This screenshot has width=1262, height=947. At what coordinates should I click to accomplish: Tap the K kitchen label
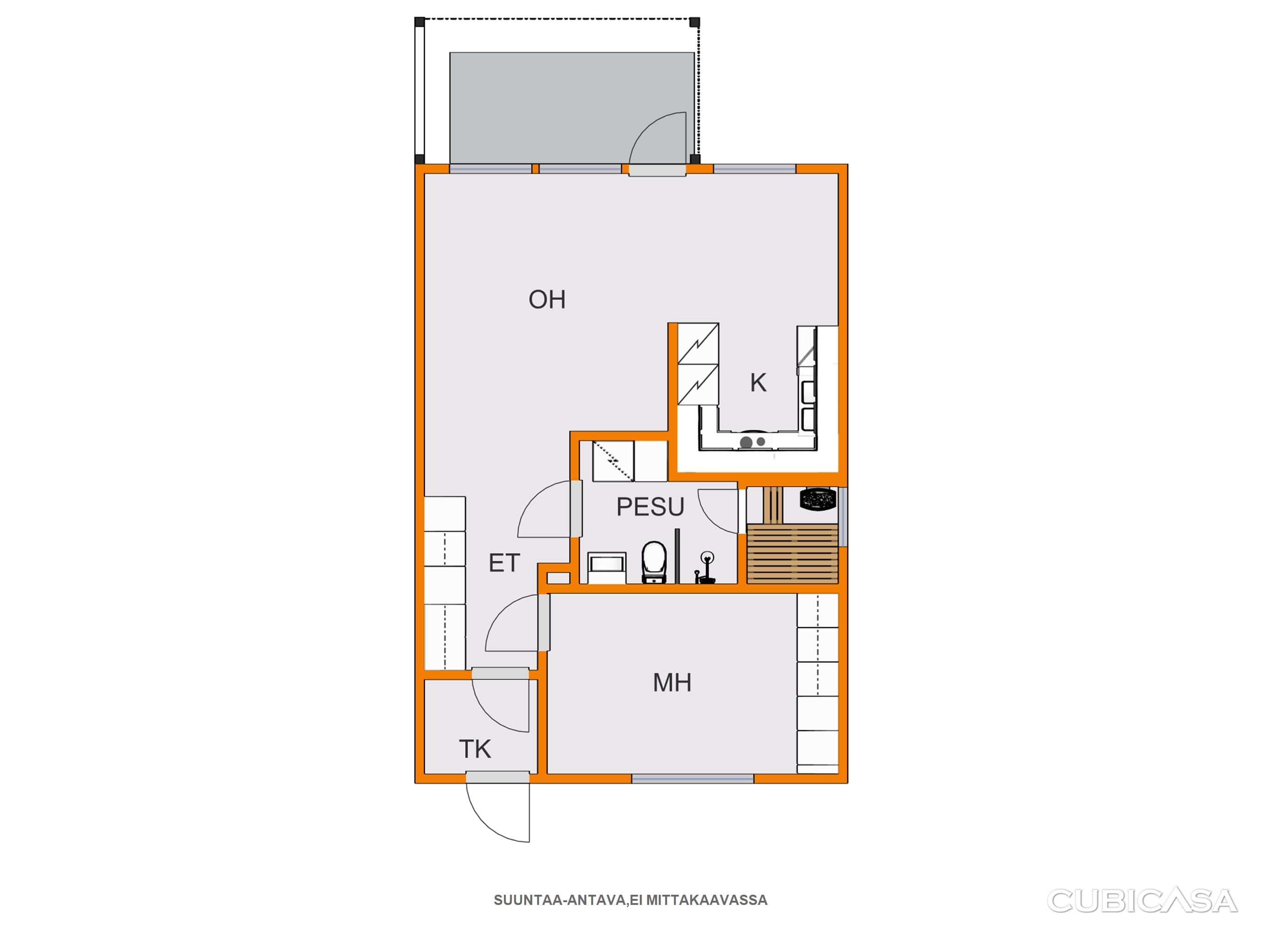[758, 382]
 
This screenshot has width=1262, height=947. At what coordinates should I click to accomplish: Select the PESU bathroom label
[650, 507]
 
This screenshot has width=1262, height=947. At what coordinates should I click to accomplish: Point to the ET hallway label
[504, 563]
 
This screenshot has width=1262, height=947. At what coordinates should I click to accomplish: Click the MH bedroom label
[672, 683]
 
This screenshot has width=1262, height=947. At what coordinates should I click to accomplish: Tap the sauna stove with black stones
[818, 499]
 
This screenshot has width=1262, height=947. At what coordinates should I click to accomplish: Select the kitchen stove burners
[753, 442]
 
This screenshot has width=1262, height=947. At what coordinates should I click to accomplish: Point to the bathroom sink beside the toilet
[607, 567]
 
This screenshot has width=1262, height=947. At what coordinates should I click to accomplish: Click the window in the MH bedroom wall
[692, 779]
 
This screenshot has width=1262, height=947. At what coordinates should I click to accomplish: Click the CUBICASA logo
[1142, 901]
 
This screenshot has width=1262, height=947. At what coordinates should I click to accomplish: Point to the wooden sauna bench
[792, 553]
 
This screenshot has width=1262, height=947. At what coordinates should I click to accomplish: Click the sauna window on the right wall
[843, 517]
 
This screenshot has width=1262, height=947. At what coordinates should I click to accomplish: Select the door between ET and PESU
[576, 509]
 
